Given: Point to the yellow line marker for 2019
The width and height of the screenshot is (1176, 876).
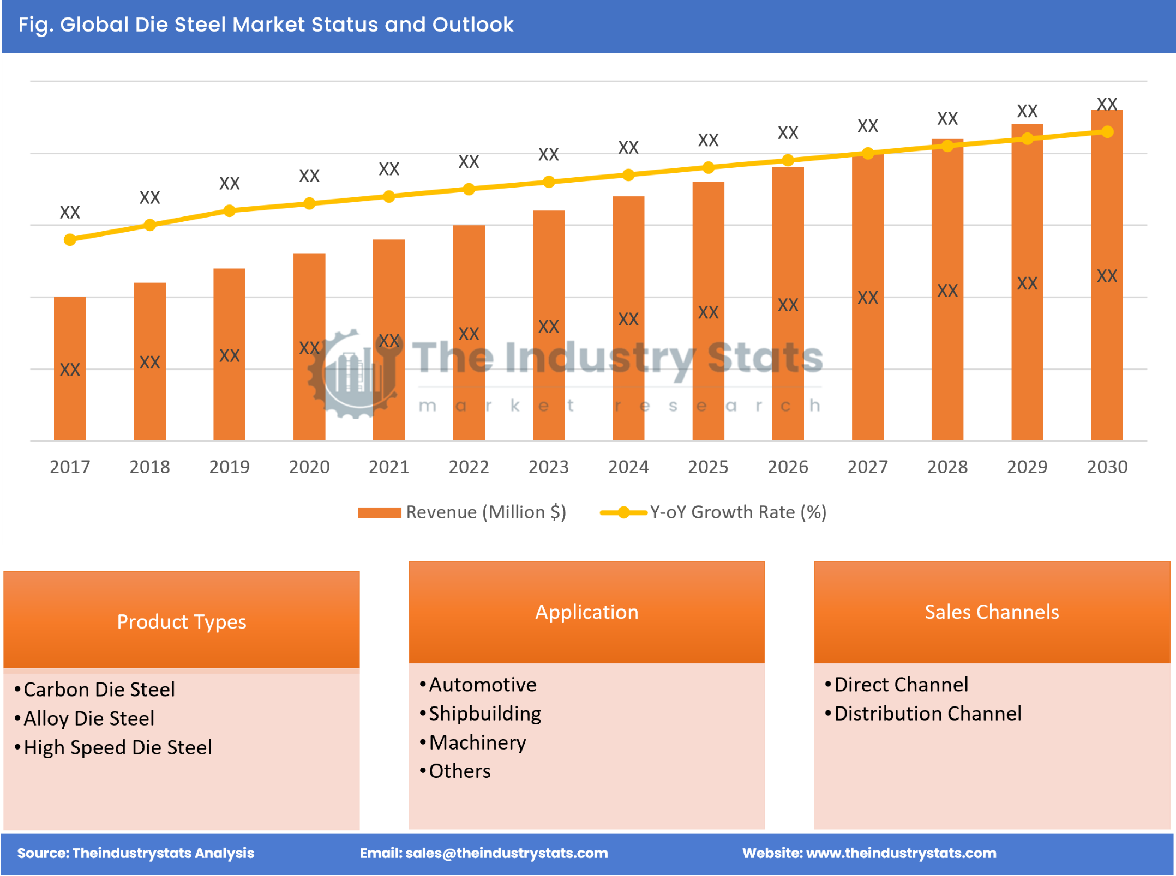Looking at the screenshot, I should pyautogui.click(x=230, y=210).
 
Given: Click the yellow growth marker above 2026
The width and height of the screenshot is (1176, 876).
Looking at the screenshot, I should pyautogui.click(x=788, y=160).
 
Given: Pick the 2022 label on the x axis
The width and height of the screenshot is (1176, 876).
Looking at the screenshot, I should pyautogui.click(x=469, y=467).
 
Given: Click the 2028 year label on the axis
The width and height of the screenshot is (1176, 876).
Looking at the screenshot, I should pyautogui.click(x=947, y=467).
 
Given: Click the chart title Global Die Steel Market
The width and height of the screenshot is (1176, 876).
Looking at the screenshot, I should pyautogui.click(x=266, y=25).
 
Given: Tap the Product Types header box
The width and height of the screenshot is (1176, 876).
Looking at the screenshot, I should pyautogui.click(x=182, y=621).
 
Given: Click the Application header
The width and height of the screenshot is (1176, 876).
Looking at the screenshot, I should pyautogui.click(x=586, y=612).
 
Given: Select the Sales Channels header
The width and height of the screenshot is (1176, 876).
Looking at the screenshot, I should pyautogui.click(x=991, y=612).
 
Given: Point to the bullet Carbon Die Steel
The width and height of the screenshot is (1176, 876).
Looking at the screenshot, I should pyautogui.click(x=99, y=690).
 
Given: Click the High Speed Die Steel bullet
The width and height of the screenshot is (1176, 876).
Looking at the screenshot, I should pyautogui.click(x=117, y=747).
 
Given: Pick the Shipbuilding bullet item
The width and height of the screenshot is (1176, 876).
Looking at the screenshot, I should pyautogui.click(x=484, y=714).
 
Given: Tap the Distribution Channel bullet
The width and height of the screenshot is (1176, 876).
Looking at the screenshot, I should pyautogui.click(x=927, y=714).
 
